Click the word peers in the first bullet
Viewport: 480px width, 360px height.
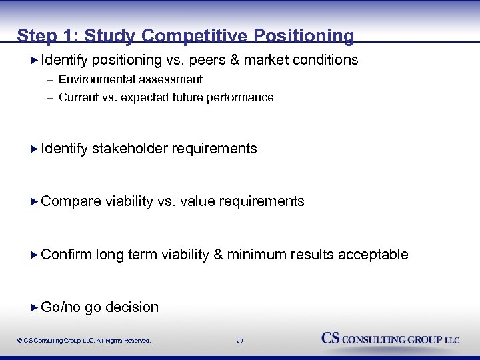[209, 60]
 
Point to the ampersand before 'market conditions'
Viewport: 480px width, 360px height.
[235, 60]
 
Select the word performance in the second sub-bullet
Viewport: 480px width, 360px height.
[243, 97]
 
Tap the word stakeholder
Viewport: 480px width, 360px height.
[130, 149]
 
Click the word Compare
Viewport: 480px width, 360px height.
[71, 201]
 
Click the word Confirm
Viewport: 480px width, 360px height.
[67, 255]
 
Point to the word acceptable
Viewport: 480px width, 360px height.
[373, 255]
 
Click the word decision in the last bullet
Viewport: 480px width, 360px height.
[132, 307]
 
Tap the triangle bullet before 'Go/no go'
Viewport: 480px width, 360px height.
[35, 307]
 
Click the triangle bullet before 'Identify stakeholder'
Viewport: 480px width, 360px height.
[35, 149]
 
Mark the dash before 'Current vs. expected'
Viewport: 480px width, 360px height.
[50, 97]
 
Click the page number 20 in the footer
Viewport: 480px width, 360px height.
[240, 341]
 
